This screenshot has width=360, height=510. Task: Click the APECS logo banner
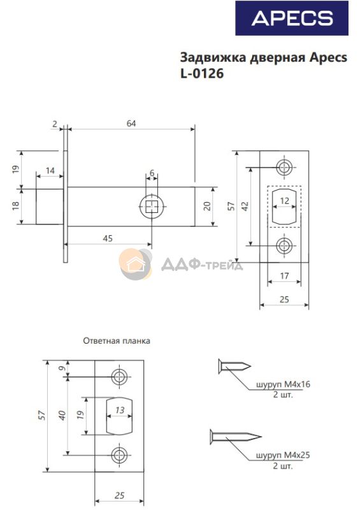292,18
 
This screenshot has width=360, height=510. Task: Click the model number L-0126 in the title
202,73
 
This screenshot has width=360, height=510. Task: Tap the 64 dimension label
131,124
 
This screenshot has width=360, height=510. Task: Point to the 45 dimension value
108,238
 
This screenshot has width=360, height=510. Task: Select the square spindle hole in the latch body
152,207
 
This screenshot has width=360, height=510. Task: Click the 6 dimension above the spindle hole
152,173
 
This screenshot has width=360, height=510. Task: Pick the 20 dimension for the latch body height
207,206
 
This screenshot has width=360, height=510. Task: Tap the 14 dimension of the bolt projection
50,170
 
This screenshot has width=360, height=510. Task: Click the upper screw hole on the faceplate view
284,168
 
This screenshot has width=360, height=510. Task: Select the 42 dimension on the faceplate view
245,206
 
